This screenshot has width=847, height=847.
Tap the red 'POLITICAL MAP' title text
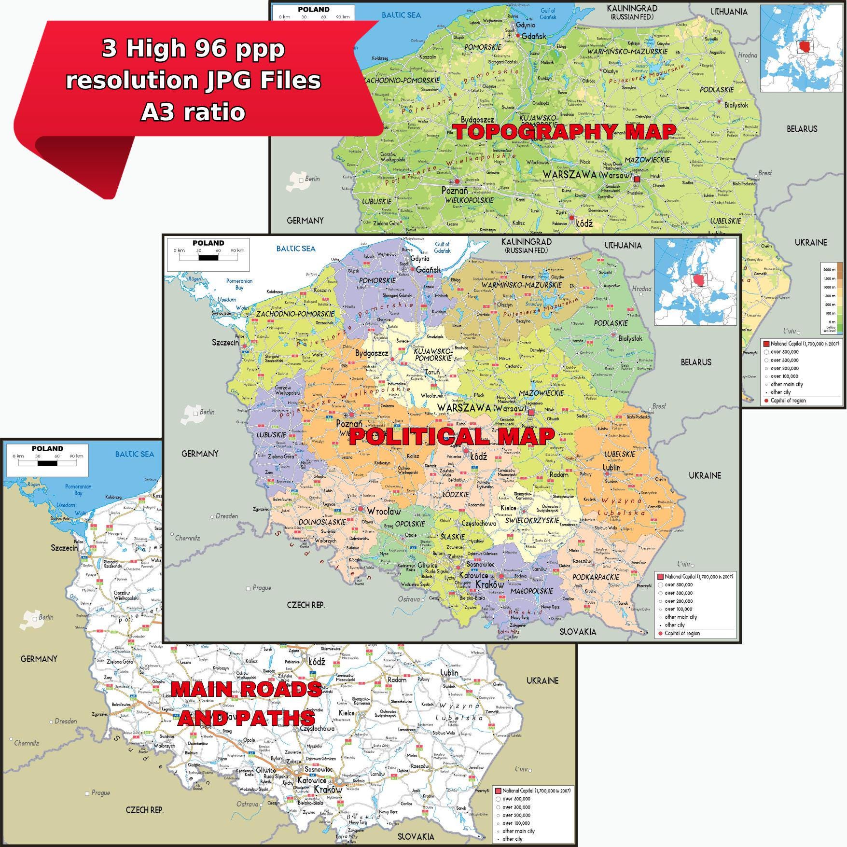click(x=451, y=437)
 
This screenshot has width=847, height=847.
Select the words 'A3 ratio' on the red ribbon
click(x=193, y=112)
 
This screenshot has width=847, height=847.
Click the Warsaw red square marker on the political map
click(x=531, y=413)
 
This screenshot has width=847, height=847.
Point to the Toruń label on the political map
click(x=432, y=372)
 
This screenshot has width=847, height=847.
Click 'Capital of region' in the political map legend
click(x=682, y=633)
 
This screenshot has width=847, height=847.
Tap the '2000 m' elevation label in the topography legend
click(x=829, y=270)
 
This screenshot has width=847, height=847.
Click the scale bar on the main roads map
click(x=47, y=463)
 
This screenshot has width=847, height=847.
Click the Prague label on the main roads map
click(x=100, y=793)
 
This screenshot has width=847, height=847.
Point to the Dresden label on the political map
click(x=227, y=516)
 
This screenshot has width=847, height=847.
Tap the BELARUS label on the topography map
click(x=802, y=129)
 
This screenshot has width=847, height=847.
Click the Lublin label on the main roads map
click(x=449, y=673)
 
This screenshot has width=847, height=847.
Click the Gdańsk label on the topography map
click(x=534, y=36)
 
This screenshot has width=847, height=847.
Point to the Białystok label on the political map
click(x=630, y=339)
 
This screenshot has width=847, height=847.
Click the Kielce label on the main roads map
click(x=347, y=713)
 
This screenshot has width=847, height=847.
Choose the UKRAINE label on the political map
click(x=705, y=475)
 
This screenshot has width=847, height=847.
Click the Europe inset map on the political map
click(x=695, y=282)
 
